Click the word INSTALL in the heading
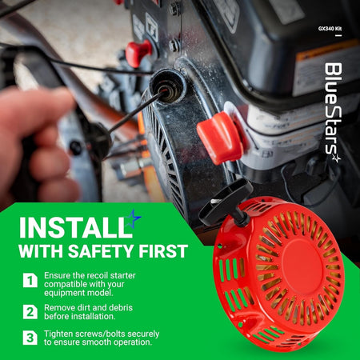[75, 228]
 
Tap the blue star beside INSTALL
[134, 218]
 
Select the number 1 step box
[30, 280]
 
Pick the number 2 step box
[30, 312]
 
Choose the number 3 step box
[30, 338]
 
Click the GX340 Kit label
[330, 29]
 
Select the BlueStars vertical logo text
[334, 109]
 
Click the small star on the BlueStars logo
[336, 158]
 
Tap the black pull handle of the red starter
[226, 202]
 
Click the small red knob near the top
[138, 53]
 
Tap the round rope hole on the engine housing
[168, 86]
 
